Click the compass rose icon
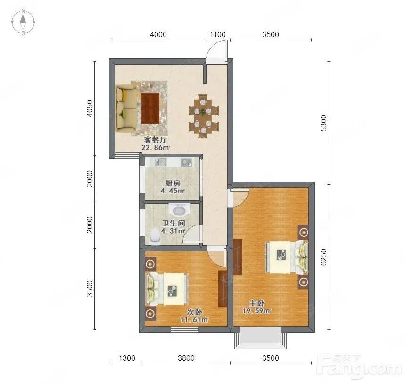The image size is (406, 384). tap(23, 22)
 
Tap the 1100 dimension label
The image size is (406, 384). tap(217, 34)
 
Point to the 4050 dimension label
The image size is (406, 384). tap(90, 109)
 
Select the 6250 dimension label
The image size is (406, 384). tap(323, 257)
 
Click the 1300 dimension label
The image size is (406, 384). tap(127, 358)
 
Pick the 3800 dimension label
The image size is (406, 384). tap(186, 358)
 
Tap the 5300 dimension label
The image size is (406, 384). tap(323, 123)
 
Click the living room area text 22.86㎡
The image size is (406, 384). tap(156, 148)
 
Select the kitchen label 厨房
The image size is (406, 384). tap(173, 184)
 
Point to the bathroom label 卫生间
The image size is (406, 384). tap(174, 223)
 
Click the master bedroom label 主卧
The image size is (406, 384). tap(257, 303)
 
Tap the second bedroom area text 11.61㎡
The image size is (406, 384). tap(194, 320)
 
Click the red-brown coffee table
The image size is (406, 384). tap(150, 109)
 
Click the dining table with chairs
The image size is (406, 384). tap(203, 116)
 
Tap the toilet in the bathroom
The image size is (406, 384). tap(155, 236)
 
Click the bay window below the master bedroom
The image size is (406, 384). tap(260, 338)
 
